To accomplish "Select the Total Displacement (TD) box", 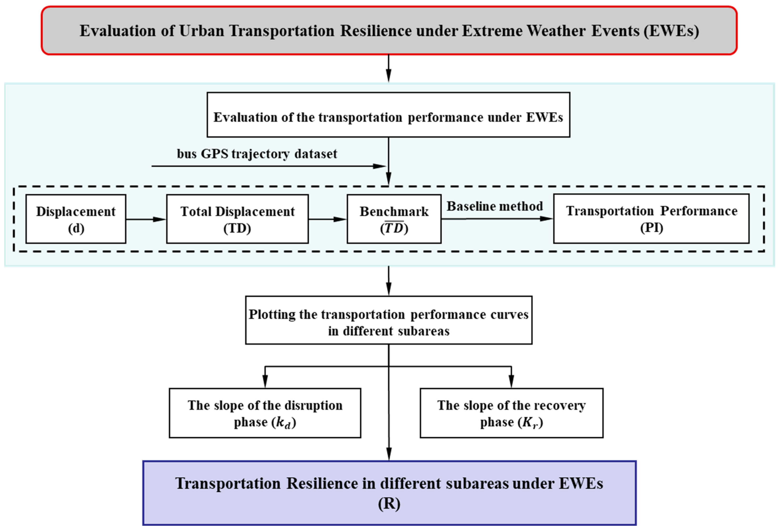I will (x=237, y=219).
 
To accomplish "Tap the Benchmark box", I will (x=394, y=219).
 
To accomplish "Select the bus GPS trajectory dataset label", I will (x=257, y=154).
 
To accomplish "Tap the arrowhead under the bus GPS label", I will (x=379, y=166).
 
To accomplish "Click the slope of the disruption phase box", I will (x=265, y=413).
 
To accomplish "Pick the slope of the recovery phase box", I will (x=511, y=413).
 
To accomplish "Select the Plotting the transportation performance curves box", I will (x=388, y=320).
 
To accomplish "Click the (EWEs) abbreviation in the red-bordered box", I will (x=671, y=31).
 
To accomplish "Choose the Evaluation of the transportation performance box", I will (x=388, y=115).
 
